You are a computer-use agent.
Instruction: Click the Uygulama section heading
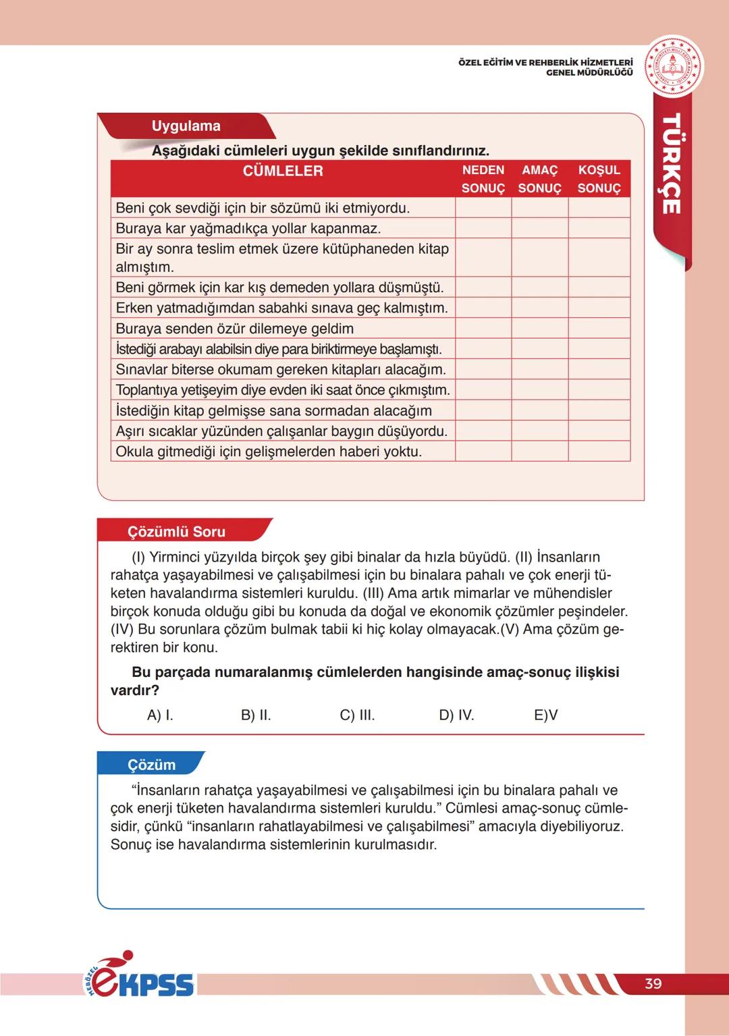point(186,126)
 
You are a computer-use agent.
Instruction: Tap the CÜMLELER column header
point(283,171)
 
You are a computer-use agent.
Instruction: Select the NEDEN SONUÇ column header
point(483,179)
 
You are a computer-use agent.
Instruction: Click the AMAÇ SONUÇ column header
point(539,179)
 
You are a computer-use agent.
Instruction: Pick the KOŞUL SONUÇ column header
point(599,179)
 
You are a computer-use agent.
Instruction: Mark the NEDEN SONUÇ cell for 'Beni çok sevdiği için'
point(483,208)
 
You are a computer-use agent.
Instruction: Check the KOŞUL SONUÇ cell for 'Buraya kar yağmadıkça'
point(599,228)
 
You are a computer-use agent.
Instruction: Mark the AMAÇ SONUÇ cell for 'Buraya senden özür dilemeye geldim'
point(539,329)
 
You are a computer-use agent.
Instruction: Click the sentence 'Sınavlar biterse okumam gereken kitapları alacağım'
point(281,370)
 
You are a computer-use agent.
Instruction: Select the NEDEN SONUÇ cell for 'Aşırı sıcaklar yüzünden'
point(483,431)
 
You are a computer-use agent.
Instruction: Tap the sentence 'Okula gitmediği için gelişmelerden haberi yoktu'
point(269,452)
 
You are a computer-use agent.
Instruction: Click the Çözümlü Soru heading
point(177,532)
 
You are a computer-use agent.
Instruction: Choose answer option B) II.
point(256,715)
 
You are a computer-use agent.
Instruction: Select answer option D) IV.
point(456,715)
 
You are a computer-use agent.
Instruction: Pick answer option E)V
point(545,715)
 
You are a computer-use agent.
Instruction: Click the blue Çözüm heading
point(152,765)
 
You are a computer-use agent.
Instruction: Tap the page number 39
point(653,983)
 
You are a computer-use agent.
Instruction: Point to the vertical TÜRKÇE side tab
point(671,165)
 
